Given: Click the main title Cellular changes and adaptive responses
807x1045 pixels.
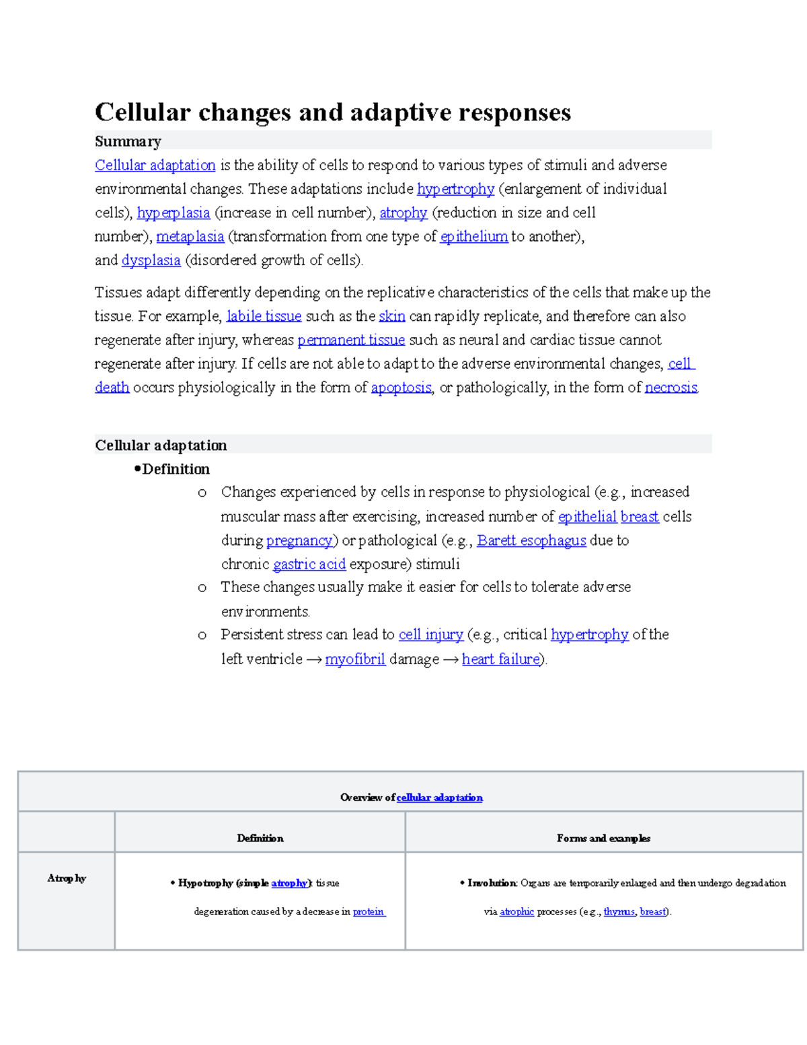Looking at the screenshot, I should (x=332, y=112).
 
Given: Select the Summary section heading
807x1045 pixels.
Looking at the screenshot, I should (x=128, y=141).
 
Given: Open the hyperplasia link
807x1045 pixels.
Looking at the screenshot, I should (x=174, y=213).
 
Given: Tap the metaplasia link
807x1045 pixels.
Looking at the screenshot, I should (x=190, y=237).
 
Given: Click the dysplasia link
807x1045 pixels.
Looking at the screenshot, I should (x=151, y=260).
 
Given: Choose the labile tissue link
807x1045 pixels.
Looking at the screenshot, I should (x=264, y=316).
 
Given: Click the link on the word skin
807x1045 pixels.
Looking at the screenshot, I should (x=391, y=316).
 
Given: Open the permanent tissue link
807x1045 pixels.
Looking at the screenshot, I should (x=351, y=340).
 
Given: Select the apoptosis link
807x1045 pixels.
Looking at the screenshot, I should (x=401, y=388).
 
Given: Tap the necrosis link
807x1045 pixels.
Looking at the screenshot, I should (x=670, y=388).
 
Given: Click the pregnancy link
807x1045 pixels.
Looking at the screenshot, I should (x=299, y=540).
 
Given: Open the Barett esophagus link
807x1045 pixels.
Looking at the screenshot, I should (x=531, y=540).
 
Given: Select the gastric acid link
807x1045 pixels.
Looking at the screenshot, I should (x=309, y=564).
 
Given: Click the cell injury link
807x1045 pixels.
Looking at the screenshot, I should (x=430, y=635).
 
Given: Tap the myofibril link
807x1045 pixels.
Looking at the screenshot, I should (x=355, y=659).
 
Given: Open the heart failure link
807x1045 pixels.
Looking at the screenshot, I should (x=500, y=659).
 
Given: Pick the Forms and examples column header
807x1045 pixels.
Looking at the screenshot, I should (x=603, y=838).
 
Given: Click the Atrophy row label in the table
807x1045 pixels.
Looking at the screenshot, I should (x=67, y=878).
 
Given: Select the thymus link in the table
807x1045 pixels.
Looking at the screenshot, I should (x=619, y=912).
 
